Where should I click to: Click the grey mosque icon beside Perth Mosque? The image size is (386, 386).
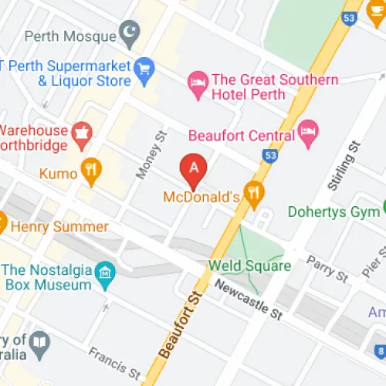pos(129,36)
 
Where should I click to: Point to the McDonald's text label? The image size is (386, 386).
pos(201,197)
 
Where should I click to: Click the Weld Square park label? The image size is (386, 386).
pos(249,266)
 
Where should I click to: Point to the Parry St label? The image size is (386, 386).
pos(327,271)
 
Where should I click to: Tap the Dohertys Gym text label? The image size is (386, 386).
pos(332,211)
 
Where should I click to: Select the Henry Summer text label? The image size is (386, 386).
pos(59,228)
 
